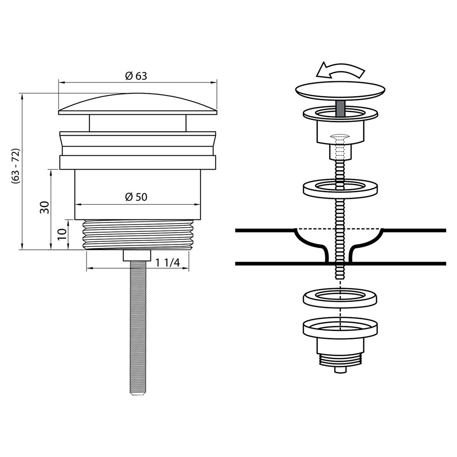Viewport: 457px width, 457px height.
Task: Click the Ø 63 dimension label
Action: (136, 76)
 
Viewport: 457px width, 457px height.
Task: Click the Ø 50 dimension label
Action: (136, 197)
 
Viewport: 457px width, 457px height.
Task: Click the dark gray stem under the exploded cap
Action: (340, 109)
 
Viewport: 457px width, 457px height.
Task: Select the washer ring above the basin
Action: (340, 188)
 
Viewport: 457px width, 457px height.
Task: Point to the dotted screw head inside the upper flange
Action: (338, 137)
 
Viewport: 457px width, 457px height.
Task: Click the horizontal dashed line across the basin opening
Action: (340, 228)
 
